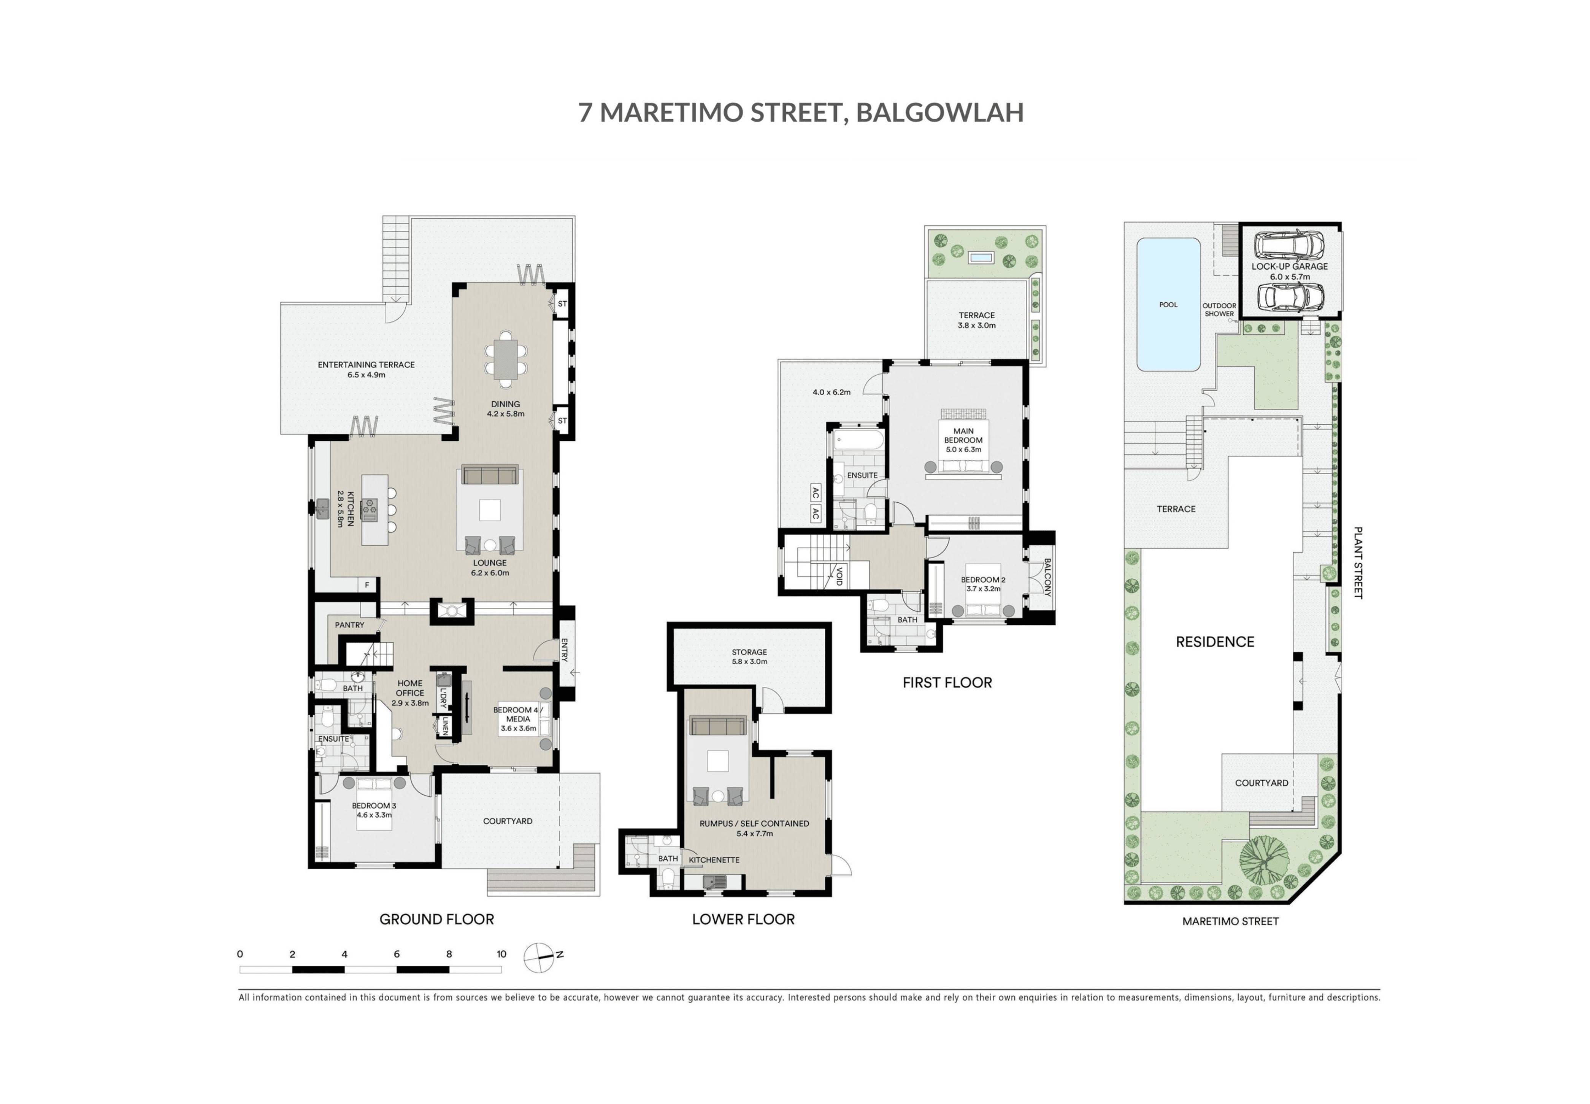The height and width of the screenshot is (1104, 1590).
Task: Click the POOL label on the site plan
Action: click(x=1168, y=304)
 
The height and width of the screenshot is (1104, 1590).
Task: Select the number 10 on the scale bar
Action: click(x=501, y=954)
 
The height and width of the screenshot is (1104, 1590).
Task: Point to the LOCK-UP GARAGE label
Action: click(x=1289, y=266)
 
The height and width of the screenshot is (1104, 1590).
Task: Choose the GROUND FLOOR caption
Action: click(x=436, y=919)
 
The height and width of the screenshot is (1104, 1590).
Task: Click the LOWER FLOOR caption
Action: click(x=743, y=919)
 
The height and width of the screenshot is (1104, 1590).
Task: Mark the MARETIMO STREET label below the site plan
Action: click(x=1230, y=921)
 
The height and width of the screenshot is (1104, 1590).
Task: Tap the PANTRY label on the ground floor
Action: click(x=349, y=624)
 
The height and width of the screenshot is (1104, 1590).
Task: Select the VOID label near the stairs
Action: click(x=839, y=576)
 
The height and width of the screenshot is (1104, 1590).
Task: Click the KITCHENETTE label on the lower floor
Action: click(x=714, y=860)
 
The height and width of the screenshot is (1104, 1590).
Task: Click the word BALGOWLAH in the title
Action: click(x=940, y=112)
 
